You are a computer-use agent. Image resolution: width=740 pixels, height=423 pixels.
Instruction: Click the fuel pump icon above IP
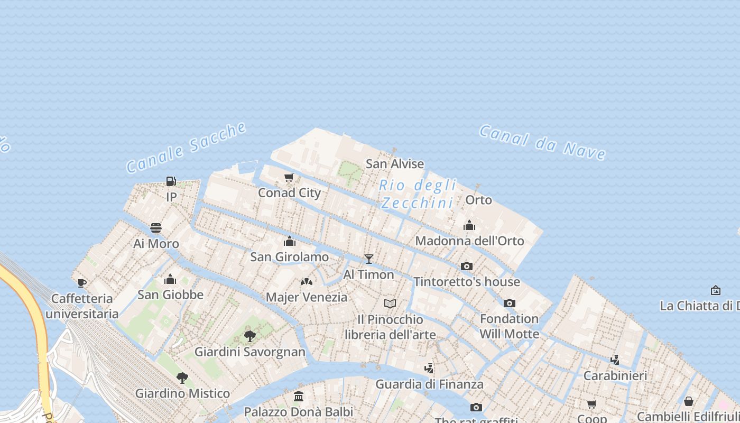click(171, 181)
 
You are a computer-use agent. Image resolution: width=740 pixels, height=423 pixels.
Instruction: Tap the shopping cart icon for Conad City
click(289, 178)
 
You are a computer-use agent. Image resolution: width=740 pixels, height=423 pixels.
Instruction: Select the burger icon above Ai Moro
click(156, 228)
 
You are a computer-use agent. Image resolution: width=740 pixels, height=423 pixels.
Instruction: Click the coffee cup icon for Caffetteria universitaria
click(81, 283)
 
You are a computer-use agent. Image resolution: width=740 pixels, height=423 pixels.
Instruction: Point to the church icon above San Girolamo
click(290, 242)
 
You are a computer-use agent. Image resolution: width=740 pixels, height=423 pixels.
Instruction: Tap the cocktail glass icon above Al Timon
click(369, 259)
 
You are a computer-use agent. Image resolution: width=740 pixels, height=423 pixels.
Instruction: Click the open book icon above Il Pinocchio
click(390, 304)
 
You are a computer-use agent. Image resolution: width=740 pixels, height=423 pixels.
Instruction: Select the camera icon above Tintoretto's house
click(467, 266)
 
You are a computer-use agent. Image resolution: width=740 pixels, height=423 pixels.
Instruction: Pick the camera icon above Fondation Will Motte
click(510, 303)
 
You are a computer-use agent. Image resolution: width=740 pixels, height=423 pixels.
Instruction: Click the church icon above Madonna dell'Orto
click(469, 226)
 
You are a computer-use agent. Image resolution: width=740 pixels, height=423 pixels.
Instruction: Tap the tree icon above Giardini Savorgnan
click(250, 336)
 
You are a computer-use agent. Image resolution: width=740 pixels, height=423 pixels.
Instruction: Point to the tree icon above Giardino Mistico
click(182, 378)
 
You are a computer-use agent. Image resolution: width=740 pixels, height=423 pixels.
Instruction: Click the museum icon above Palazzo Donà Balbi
click(299, 396)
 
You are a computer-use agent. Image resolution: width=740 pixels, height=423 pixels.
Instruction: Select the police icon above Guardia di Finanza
click(429, 368)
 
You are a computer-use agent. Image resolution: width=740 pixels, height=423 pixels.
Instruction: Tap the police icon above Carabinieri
click(615, 360)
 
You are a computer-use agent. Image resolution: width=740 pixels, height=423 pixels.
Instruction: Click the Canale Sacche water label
click(187, 148)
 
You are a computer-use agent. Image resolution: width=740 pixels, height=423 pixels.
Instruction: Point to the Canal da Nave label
click(543, 142)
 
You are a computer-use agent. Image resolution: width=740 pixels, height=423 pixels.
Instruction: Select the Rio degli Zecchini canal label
click(418, 194)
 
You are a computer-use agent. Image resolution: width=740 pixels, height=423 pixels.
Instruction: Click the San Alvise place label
click(395, 164)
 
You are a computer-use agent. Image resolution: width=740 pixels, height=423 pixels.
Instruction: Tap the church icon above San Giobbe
click(170, 279)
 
